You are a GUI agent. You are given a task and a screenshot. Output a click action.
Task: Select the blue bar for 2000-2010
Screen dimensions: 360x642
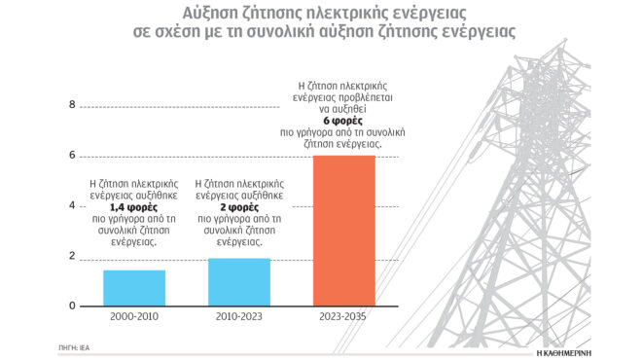[x=134, y=288]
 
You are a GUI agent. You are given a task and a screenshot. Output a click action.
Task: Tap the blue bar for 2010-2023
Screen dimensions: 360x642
[x=239, y=282]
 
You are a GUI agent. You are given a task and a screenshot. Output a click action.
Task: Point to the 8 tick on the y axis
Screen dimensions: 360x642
[x=71, y=105]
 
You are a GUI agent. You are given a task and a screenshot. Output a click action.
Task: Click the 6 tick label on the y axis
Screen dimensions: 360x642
[x=71, y=156]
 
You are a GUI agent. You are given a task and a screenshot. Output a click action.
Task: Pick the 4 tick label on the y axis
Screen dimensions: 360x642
[x=71, y=206]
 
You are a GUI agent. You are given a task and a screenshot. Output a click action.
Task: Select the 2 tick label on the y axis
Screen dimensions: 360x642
[x=71, y=256]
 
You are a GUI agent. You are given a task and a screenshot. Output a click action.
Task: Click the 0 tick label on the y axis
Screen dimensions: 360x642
[x=71, y=306]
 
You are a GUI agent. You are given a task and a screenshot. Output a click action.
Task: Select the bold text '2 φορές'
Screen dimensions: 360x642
[x=239, y=207]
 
